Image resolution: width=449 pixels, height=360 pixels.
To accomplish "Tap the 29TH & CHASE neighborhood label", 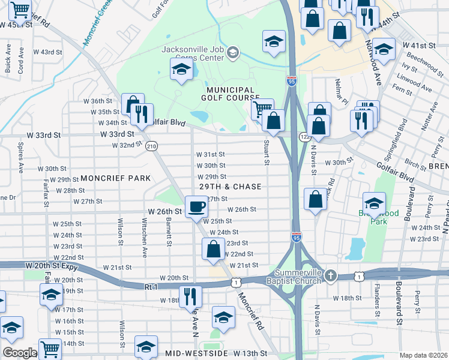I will [x=230, y=187].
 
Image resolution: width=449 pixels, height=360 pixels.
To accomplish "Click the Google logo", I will [x=20, y=353].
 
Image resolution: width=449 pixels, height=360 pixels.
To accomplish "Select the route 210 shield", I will [x=151, y=146].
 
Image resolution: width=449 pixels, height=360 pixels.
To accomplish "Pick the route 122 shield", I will [x=305, y=137].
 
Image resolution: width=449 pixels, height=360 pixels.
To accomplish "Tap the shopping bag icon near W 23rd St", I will [x=213, y=248].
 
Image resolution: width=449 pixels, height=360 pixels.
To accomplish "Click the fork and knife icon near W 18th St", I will [x=190, y=296].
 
